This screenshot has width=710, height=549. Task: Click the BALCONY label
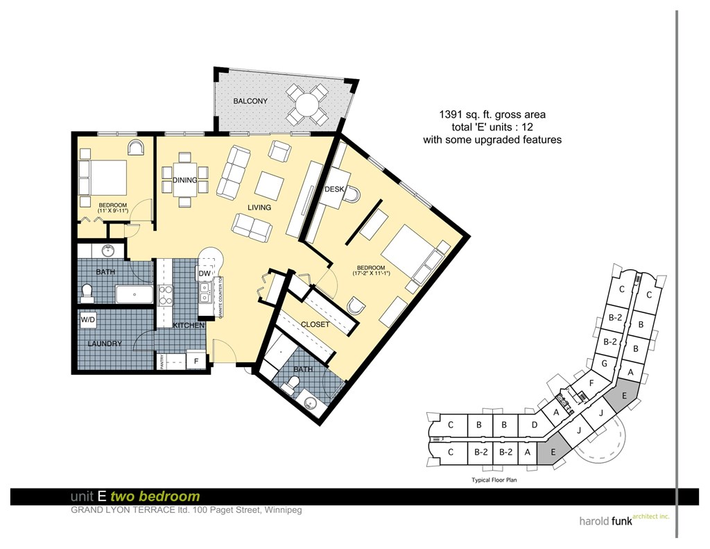pyautogui.click(x=250, y=101)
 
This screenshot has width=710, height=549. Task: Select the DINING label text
pyautogui.click(x=185, y=180)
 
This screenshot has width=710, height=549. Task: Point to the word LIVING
pyautogui.click(x=260, y=208)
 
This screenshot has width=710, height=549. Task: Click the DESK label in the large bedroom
pyautogui.click(x=335, y=189)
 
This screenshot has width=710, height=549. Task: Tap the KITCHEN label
pyautogui.click(x=188, y=325)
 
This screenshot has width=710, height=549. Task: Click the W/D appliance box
pyautogui.click(x=88, y=320)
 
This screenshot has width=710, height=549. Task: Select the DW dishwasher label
pyautogui.click(x=204, y=274)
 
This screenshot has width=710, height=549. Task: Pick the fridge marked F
pyautogui.click(x=196, y=361)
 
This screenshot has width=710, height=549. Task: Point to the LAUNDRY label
pyautogui.click(x=105, y=344)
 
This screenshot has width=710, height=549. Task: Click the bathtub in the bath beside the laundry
pyautogui.click(x=134, y=294)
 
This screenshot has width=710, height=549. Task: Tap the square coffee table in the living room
pyautogui.click(x=269, y=185)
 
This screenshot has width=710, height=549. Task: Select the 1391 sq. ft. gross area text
pyautogui.click(x=492, y=115)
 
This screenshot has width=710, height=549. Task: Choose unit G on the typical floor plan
pyautogui.click(x=605, y=363)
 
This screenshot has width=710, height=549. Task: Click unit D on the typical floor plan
pyautogui.click(x=535, y=425)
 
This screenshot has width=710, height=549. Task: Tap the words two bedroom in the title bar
pyautogui.click(x=169, y=496)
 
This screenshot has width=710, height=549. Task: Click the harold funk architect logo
pyautogui.click(x=623, y=520)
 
